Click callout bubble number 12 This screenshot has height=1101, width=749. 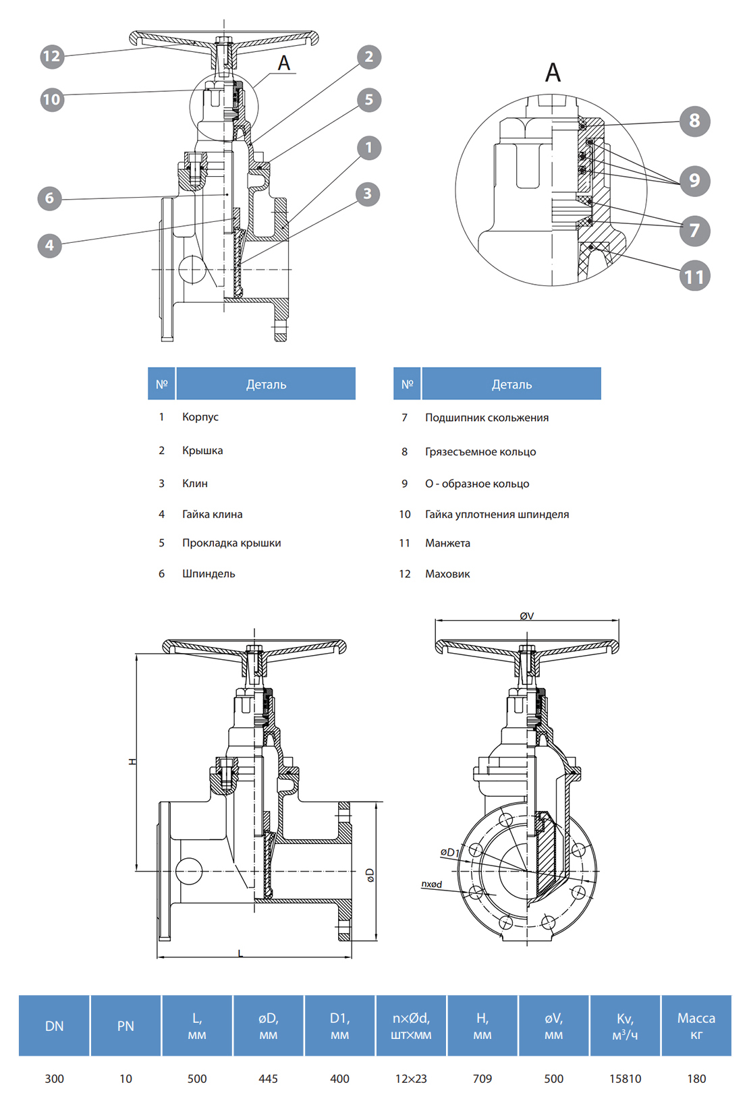coord(52,56)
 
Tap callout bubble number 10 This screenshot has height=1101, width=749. coord(52,100)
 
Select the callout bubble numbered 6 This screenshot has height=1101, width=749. coord(49,198)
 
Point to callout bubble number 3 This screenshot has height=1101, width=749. coord(368,194)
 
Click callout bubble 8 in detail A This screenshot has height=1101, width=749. coord(694,121)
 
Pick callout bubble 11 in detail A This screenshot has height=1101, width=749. coord(694,276)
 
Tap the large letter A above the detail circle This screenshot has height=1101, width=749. coord(553,72)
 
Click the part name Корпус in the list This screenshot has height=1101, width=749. coord(200,417)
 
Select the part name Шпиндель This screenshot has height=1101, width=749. coord(209,573)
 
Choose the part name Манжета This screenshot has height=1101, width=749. coord(447,543)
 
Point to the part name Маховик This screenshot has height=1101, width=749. coord(447,574)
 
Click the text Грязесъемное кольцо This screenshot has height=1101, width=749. coord(480,452)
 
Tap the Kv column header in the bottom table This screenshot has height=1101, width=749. coord(625,1025)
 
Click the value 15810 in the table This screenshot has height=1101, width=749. coord(625,1079)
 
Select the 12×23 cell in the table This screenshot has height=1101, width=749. coord(411,1079)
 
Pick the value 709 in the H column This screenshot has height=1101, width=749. coord(482,1079)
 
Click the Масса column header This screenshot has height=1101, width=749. coord(696,1025)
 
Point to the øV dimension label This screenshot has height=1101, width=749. coord(527,616)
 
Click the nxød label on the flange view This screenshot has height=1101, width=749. coord(432,884)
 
